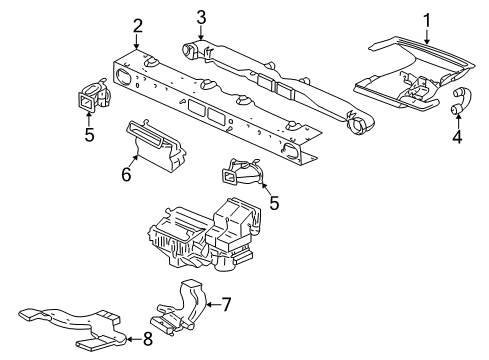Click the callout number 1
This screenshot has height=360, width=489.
(427, 20)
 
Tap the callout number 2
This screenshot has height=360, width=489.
(137, 26)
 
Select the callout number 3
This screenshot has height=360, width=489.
(201, 17)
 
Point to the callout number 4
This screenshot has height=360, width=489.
(458, 136)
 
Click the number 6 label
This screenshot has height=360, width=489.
(126, 174)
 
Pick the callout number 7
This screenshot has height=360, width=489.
(226, 304)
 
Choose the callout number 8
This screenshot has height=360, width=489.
(148, 339)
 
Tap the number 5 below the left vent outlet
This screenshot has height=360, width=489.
(89, 135)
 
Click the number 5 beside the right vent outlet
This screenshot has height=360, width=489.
(274, 203)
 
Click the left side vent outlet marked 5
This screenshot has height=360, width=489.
(93, 95)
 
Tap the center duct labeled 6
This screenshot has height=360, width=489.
(156, 147)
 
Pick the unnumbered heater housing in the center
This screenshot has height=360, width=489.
(203, 237)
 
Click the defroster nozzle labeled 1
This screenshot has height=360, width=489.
(413, 73)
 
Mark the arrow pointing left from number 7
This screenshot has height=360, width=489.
(213, 304)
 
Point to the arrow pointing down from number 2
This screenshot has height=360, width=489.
(136, 42)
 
